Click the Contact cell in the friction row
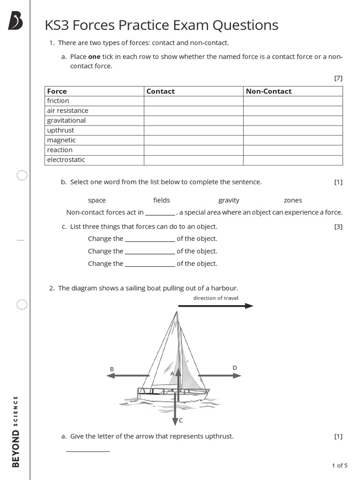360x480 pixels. coord(193,101)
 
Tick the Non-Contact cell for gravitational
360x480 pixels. coord(293,120)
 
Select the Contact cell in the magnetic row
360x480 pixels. coord(193,140)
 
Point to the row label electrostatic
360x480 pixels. coord(66,160)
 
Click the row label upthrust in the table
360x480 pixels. coord(60,130)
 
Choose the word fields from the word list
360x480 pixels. coord(162,200)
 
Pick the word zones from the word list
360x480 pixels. coord(293,200)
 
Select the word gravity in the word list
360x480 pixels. coord(229,200)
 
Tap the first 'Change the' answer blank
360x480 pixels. coord(150,239)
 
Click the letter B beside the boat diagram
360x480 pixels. coord(112,369)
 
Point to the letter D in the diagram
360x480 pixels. coord(235,368)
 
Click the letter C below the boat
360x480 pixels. coord(181,420)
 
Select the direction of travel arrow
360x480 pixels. coord(216,306)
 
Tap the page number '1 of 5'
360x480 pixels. coord(339,465)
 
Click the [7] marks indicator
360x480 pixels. coord(338,78)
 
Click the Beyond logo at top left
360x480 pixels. coord(15,21)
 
